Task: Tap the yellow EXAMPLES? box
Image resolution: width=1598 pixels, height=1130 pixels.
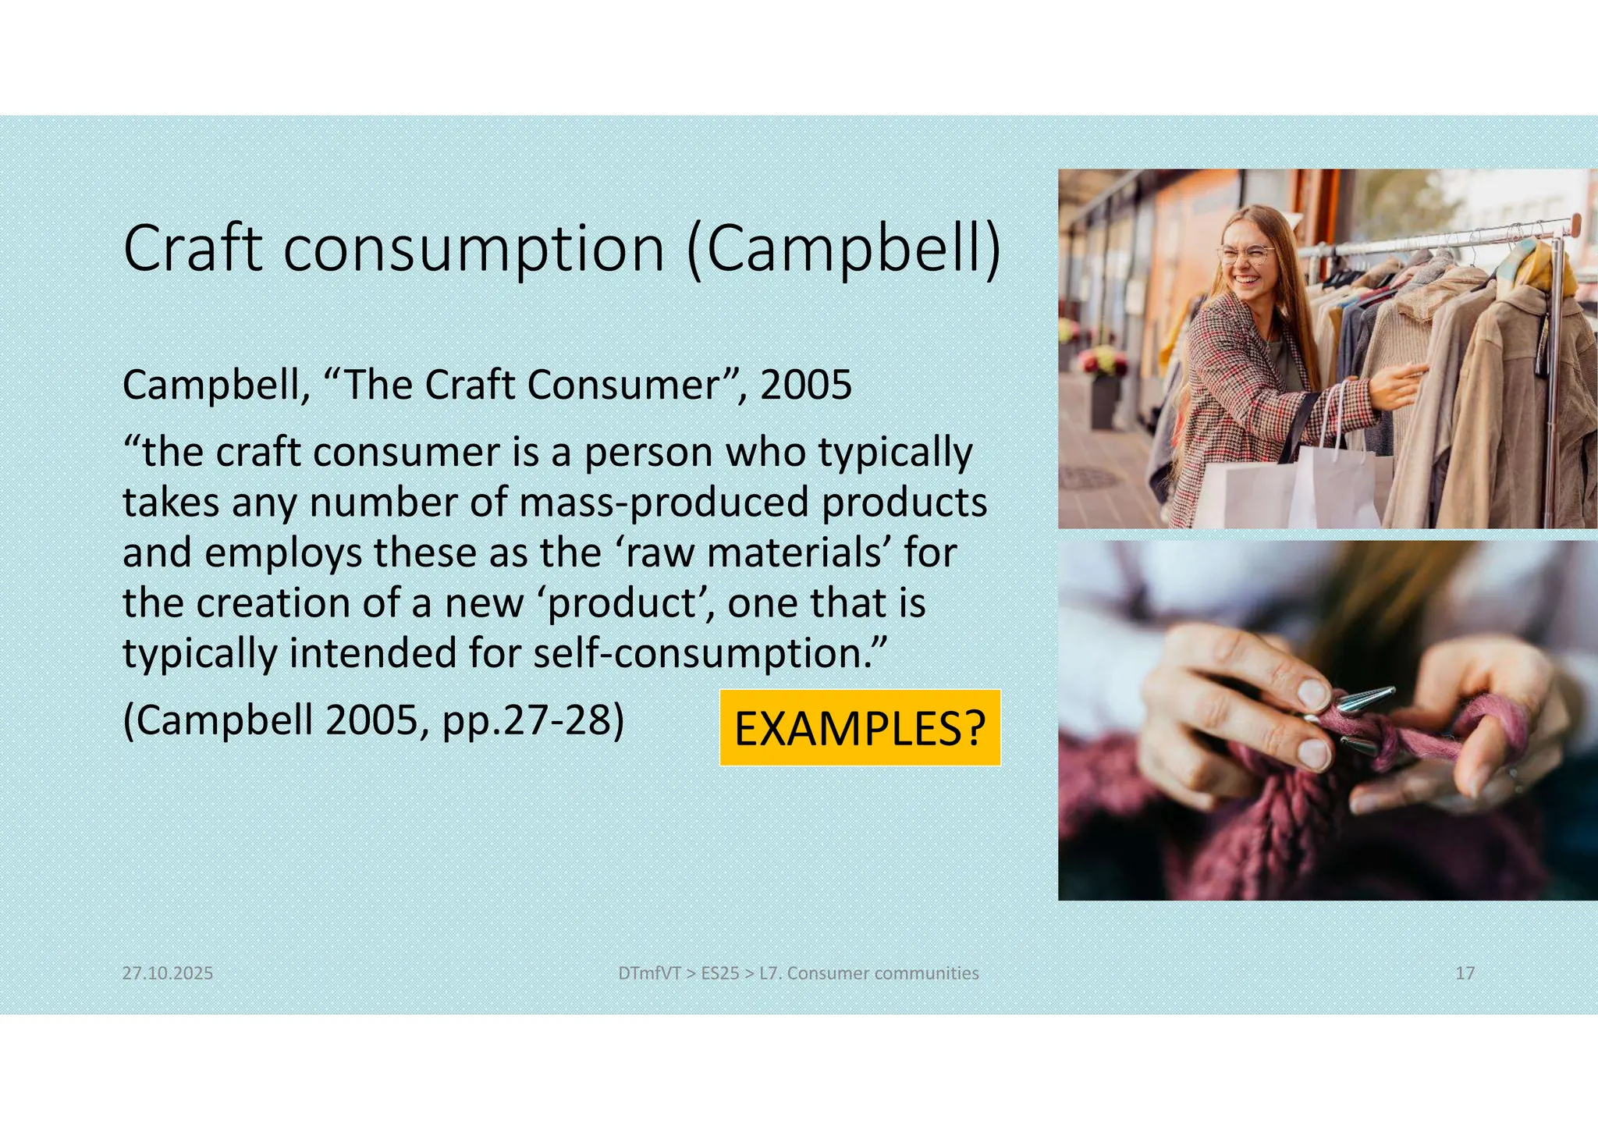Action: point(860,728)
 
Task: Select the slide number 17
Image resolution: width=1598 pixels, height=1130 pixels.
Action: point(1465,973)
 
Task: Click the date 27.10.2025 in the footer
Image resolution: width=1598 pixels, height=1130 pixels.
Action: point(168,973)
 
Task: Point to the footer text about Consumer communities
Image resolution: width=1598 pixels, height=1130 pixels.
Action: point(798,973)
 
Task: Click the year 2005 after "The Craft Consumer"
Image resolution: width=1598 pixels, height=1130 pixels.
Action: point(806,385)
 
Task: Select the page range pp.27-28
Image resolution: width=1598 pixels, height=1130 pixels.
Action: point(533,720)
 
